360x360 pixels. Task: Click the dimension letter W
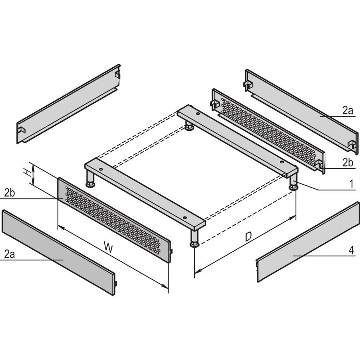pyautogui.click(x=107, y=247)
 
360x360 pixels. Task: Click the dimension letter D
pyautogui.click(x=248, y=237)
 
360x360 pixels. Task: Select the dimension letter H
pyautogui.click(x=27, y=173)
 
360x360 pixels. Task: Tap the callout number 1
pyautogui.click(x=350, y=184)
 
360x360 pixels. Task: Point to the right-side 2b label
pyautogui.click(x=347, y=163)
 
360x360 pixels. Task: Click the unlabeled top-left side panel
pyautogui.click(x=68, y=104)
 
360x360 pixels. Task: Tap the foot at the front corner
pyautogui.click(x=195, y=239)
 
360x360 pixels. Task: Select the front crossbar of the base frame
pyautogui.click(x=144, y=194)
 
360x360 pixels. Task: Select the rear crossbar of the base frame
pyautogui.click(x=238, y=140)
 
